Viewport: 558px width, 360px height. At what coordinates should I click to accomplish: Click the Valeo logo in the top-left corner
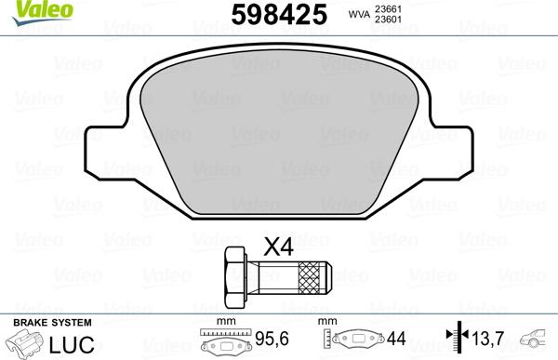click(x=26, y=9)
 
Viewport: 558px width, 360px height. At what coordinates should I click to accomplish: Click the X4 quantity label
click(x=278, y=247)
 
